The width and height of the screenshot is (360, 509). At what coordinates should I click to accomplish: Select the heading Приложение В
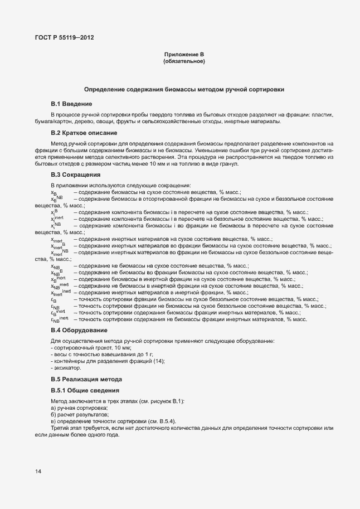coord(184,54)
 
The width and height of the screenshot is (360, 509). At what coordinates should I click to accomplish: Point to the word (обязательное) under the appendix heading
coord(184,61)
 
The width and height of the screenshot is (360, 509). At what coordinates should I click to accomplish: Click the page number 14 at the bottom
coord(38,472)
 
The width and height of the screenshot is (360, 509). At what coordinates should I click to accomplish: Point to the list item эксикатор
coord(67,368)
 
